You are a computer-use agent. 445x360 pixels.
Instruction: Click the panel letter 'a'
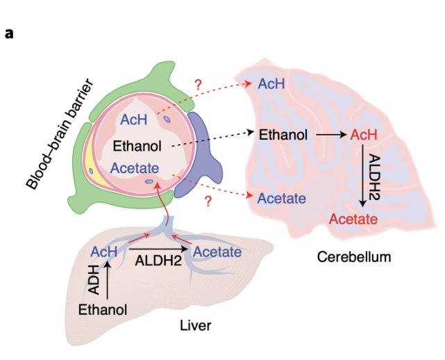(x=9, y=32)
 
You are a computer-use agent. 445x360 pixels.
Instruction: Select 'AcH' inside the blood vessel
(x=133, y=119)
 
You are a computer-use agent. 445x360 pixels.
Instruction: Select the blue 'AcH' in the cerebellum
(x=271, y=84)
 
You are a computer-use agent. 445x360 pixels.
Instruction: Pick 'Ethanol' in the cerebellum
(x=283, y=134)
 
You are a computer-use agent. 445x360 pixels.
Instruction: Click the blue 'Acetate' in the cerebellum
(x=282, y=199)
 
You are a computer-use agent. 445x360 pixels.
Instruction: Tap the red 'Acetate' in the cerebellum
(x=353, y=220)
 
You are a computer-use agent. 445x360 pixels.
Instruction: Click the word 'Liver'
(x=195, y=325)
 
